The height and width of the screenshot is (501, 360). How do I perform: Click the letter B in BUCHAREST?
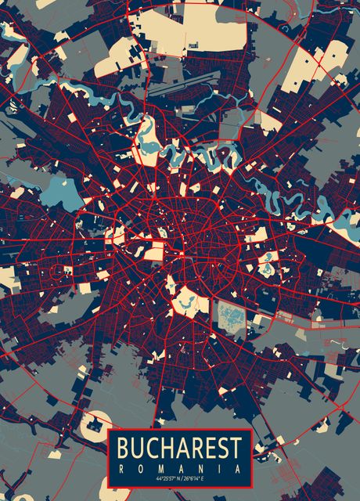tap(124, 450)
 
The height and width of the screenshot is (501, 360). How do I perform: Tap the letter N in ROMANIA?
tap(200, 468)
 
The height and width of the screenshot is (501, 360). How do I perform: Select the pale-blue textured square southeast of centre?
tap(231, 316)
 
